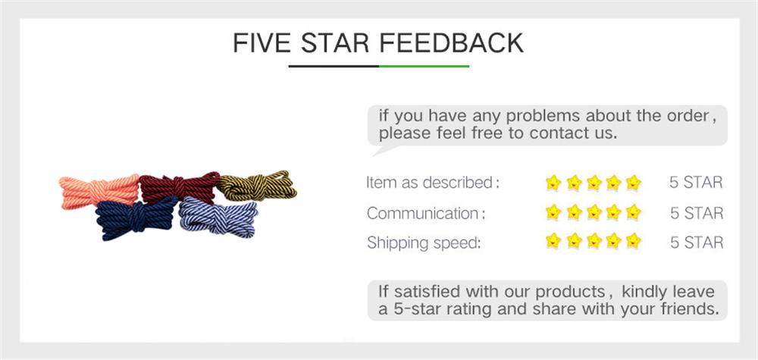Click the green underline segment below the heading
pos(424,66)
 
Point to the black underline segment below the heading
pos(334,66)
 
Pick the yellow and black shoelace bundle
pos(256,186)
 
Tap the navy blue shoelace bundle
pos(134,218)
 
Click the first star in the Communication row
pos(553,213)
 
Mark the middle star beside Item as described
pos(594,183)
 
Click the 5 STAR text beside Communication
pos(696,213)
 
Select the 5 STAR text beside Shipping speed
pos(696,243)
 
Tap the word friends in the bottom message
pos(684,309)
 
